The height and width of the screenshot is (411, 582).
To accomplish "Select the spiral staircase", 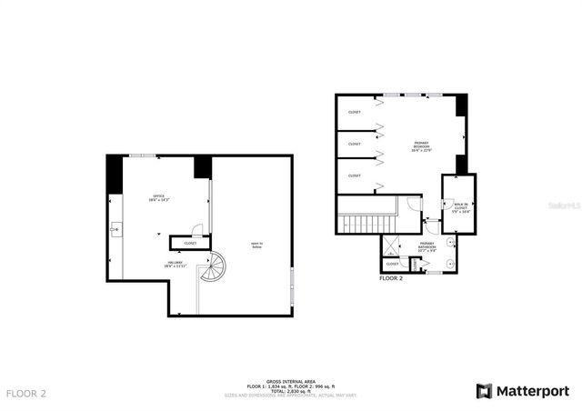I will click(213, 268).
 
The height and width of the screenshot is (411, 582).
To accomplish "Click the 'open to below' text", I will click(257, 244).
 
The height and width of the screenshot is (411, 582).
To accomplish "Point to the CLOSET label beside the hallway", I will click(190, 243).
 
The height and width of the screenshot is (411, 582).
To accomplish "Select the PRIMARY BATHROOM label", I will click(426, 246).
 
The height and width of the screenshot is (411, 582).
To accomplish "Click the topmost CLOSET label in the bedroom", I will click(354, 112).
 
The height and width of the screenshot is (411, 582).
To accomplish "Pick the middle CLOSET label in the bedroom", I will click(354, 144).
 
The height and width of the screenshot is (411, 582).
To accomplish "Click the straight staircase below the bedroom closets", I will click(366, 223).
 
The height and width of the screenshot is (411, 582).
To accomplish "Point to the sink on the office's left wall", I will click(114, 230).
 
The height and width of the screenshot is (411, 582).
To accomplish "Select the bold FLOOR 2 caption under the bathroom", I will click(391, 277).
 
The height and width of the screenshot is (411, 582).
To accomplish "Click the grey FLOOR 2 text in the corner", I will click(26, 394).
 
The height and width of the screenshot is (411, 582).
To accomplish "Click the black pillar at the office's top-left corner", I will click(115, 174).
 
